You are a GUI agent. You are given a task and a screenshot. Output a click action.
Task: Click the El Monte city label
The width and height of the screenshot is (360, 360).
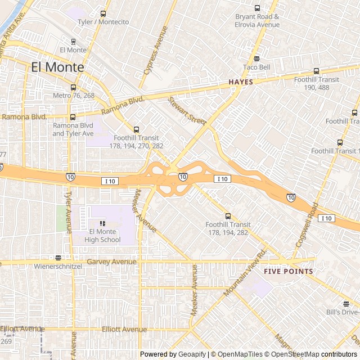[x=57, y=67]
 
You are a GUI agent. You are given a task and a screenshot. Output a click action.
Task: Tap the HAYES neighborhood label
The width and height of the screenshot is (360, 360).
[x=241, y=82]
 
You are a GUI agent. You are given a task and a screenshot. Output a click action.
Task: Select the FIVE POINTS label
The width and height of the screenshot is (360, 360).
[x=288, y=271]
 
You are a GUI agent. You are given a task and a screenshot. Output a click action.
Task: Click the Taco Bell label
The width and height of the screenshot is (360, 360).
[x=256, y=67]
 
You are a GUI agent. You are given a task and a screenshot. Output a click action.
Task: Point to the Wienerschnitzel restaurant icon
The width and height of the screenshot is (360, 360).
[x=58, y=258]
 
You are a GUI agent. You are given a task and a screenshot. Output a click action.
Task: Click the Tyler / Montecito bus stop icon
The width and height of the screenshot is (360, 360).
[x=102, y=14]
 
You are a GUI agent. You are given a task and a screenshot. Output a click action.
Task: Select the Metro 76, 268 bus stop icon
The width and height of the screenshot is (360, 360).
[x=73, y=88]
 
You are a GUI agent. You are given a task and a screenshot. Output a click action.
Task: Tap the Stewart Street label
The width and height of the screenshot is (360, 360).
[x=187, y=110]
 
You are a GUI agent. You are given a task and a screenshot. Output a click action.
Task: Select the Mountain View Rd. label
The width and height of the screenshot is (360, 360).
[x=245, y=274]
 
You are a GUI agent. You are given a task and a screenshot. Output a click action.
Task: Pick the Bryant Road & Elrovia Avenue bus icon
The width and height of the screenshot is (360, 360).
[x=257, y=8]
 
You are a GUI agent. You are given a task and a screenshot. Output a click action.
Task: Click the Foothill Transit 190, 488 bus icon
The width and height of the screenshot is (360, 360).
[x=316, y=71]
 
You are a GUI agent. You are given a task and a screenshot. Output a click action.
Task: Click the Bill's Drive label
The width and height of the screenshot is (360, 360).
[x=343, y=312]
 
